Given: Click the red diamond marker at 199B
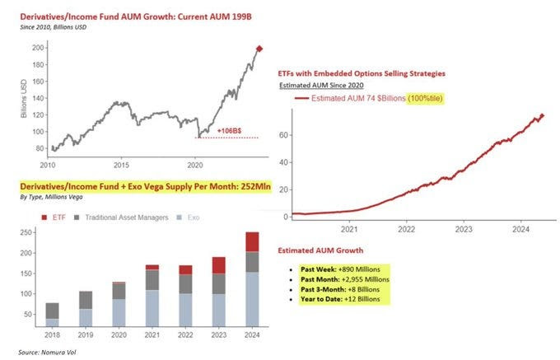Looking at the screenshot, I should point(260,49).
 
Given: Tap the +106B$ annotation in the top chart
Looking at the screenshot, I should point(229,130).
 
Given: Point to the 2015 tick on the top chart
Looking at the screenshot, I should point(121,163).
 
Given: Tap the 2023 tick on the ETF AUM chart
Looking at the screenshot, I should point(464,230).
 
